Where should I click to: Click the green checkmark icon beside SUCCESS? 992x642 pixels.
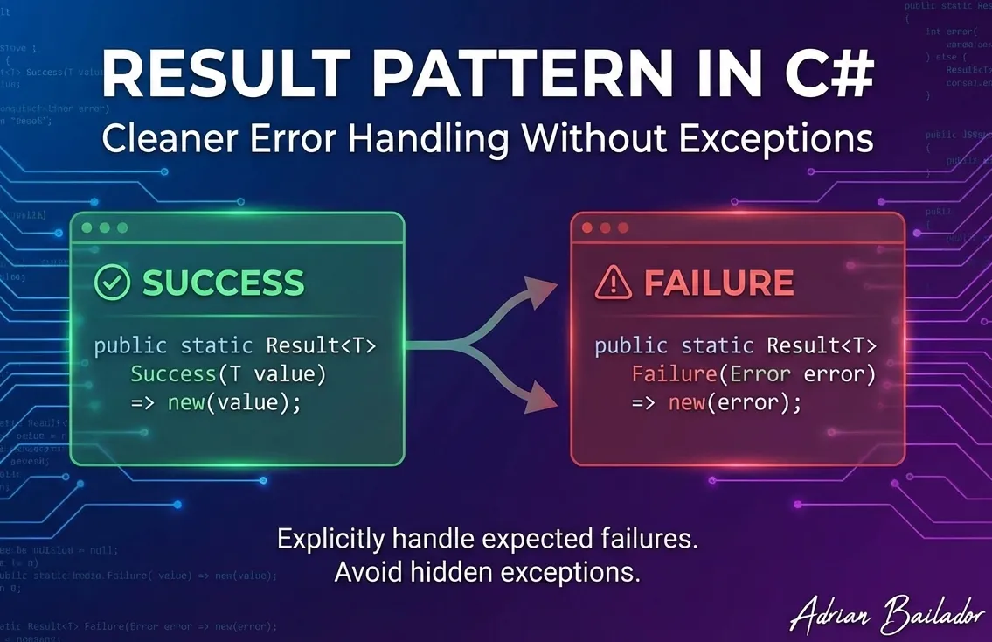pos(112,283)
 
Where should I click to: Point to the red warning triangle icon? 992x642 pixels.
pos(612,283)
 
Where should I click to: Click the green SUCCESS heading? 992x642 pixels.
pos(223,283)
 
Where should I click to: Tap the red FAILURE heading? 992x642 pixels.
pos(718,283)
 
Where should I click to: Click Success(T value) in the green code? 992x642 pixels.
pos(227,375)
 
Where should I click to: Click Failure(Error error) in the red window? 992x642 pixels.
pos(753,375)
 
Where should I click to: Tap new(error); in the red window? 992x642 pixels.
pos(734,404)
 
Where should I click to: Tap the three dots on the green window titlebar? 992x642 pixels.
pos(104,227)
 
